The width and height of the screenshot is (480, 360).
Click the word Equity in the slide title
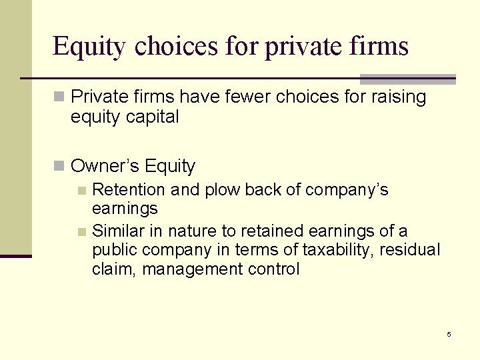click(89, 47)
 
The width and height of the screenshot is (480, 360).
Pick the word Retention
click(129, 190)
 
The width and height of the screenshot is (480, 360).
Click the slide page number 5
click(449, 334)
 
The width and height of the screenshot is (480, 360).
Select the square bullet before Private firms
click(60, 98)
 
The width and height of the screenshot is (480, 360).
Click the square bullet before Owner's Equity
click(60, 166)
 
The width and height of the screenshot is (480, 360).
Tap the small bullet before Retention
click(81, 191)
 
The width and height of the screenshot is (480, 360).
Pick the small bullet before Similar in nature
click(81, 232)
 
